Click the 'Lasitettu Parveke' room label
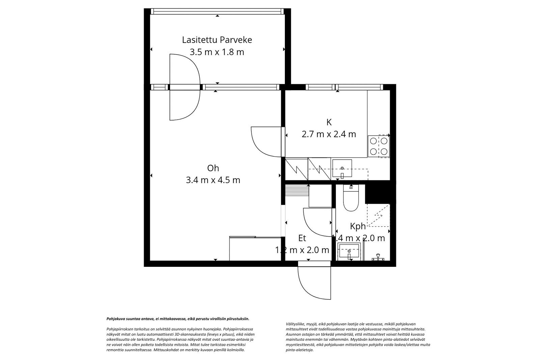click(x=217, y=40)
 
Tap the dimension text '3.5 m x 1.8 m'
click(x=217, y=52)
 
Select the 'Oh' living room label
click(x=213, y=168)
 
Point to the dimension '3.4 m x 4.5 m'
click(x=213, y=180)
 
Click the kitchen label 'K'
click(x=329, y=122)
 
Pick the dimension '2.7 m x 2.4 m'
click(x=329, y=134)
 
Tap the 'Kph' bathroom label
click(x=358, y=226)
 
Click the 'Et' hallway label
click(x=302, y=238)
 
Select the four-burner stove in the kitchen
click(x=378, y=146)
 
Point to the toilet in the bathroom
click(x=351, y=199)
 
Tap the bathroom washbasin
click(x=349, y=252)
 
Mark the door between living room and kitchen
click(x=267, y=142)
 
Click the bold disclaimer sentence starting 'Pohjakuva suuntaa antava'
click(x=178, y=318)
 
